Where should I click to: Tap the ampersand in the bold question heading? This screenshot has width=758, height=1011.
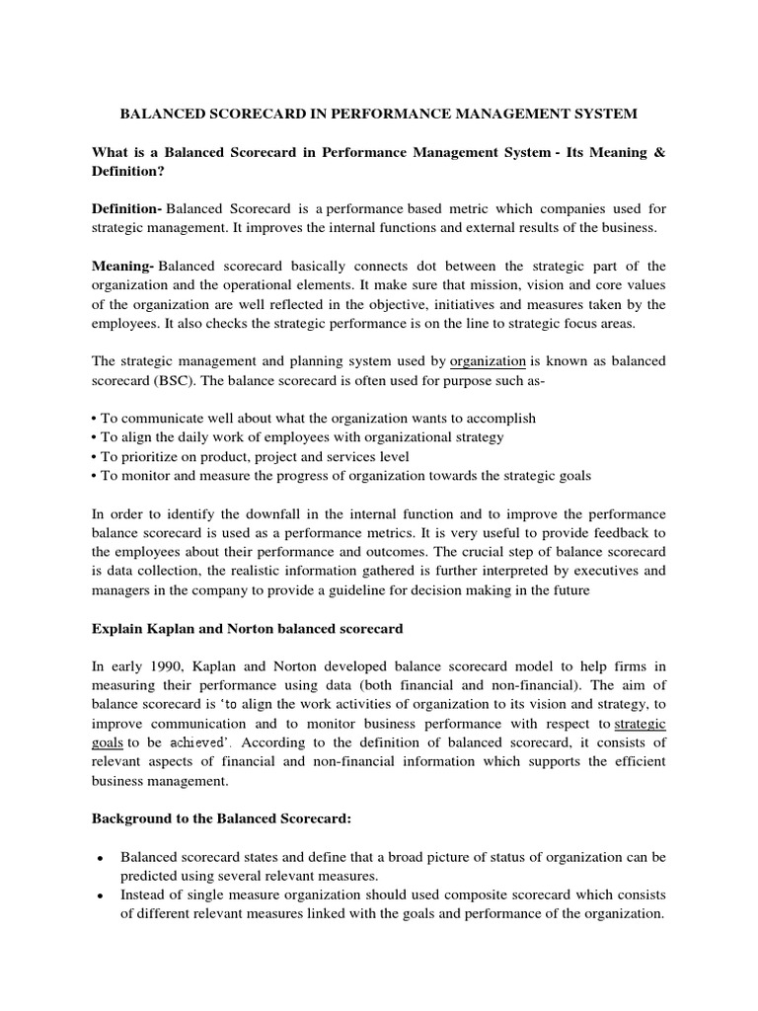click(659, 153)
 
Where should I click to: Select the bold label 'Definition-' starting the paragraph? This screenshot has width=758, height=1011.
click(127, 209)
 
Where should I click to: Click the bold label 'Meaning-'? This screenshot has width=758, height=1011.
click(123, 267)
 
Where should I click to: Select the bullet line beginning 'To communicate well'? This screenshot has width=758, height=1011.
click(313, 419)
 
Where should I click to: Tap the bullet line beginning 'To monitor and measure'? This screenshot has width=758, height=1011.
click(341, 476)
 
